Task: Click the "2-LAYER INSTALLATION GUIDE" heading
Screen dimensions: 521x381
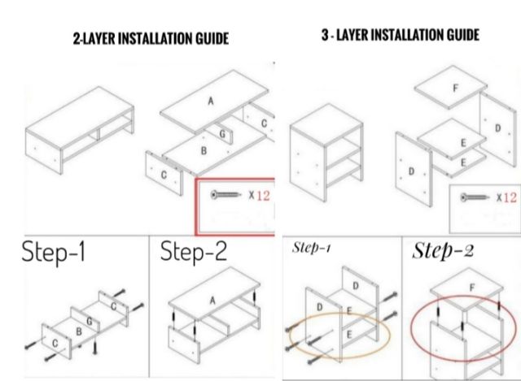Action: (x=151, y=38)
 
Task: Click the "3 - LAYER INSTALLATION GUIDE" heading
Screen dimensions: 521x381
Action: (x=401, y=35)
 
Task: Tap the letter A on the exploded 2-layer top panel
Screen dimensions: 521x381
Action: (x=211, y=101)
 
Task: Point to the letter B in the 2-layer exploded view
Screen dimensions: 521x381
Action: (x=204, y=151)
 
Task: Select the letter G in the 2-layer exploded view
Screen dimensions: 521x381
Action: (x=222, y=134)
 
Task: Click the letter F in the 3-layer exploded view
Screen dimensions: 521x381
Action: (x=456, y=88)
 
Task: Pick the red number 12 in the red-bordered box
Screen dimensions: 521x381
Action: (x=263, y=195)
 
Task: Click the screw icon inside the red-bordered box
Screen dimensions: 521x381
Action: (x=225, y=195)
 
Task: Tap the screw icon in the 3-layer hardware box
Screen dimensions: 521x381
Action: (x=475, y=197)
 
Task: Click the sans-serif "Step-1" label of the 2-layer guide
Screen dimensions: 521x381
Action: (x=54, y=252)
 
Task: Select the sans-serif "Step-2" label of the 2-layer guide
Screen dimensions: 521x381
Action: (x=194, y=252)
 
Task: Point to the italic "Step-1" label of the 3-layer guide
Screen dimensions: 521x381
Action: (x=311, y=248)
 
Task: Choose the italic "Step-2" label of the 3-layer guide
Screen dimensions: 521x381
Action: (x=443, y=251)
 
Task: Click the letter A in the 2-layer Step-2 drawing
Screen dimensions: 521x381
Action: (x=212, y=301)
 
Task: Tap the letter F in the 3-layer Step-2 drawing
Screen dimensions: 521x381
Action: (x=472, y=288)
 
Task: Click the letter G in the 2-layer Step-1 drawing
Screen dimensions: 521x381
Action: (x=90, y=321)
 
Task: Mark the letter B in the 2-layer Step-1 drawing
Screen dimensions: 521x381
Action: (x=79, y=331)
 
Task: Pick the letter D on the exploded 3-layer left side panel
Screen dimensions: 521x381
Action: (x=411, y=171)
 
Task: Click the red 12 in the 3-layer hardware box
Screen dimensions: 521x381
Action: (x=510, y=197)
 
